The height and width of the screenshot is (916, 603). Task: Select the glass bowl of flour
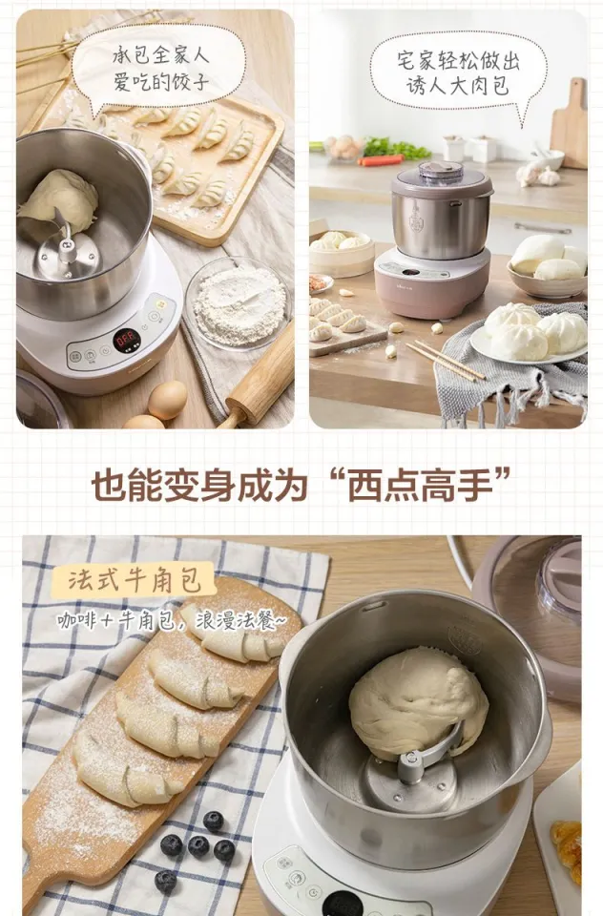coord(239,303)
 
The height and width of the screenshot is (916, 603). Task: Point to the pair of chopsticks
coord(448,360)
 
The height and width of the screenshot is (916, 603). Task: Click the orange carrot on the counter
coord(382,159)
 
